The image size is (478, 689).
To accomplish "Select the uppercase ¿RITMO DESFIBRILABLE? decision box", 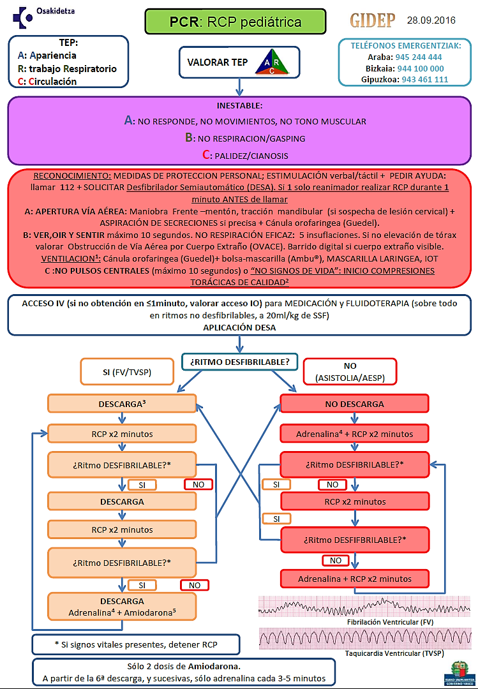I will tap(239, 362).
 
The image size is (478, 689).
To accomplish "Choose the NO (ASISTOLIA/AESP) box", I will tap(350, 372).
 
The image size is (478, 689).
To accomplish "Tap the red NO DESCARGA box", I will tap(354, 404).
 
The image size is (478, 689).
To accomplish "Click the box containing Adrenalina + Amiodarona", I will tap(121, 607).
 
